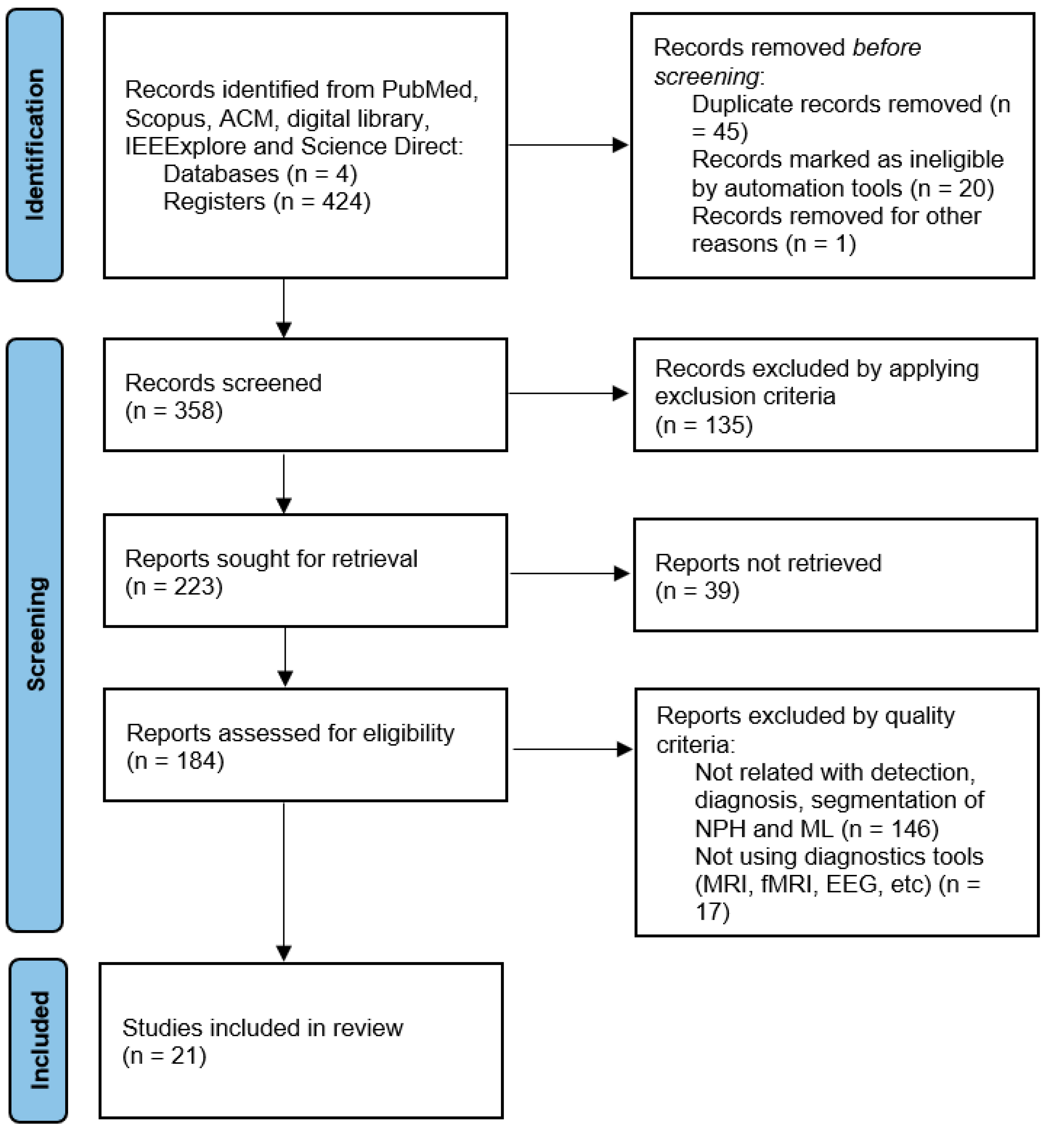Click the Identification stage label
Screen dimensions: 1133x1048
tap(35, 145)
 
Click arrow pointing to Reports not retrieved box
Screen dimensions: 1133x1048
tap(569, 574)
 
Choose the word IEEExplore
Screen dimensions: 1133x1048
tap(185, 146)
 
